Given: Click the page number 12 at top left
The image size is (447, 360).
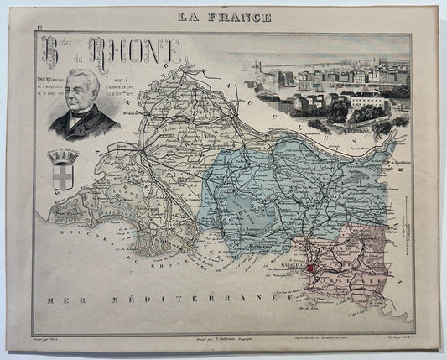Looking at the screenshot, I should (x=39, y=32).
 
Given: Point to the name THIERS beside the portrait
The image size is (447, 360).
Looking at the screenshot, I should (x=44, y=80).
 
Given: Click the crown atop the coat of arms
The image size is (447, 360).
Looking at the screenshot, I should (x=64, y=155).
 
